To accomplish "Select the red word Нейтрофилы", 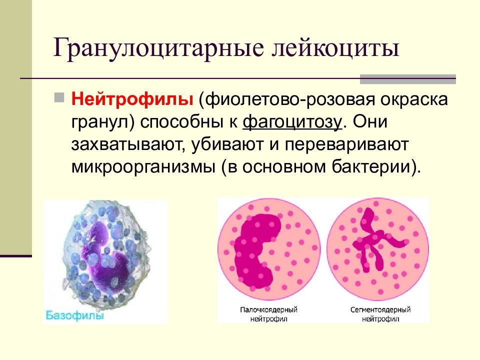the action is tap(132, 99).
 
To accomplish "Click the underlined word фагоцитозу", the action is tap(292, 122).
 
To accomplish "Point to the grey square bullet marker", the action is tap(59, 97).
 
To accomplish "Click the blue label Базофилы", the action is tap(75, 315).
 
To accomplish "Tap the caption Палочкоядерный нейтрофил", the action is tap(268, 314).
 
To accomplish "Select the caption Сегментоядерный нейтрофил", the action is tap(380, 314).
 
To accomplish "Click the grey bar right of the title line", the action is tap(408, 79).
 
